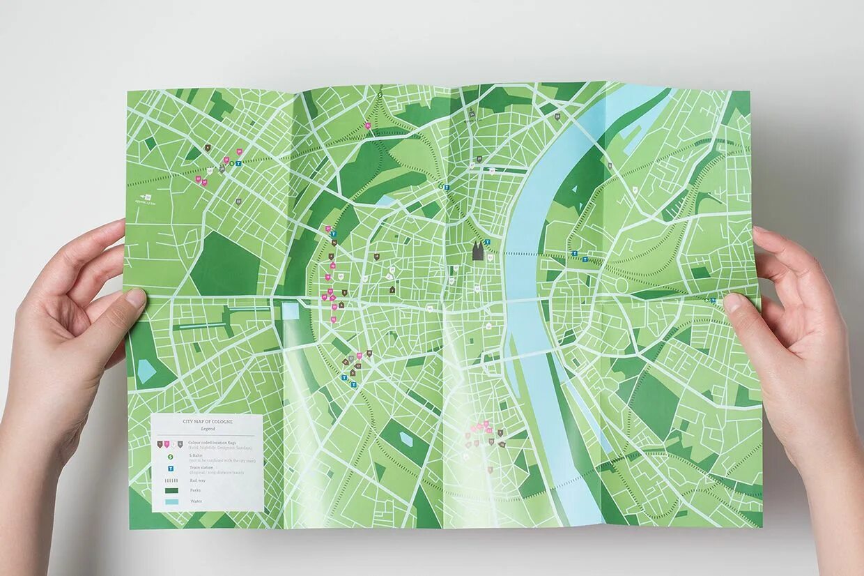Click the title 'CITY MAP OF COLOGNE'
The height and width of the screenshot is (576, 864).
(208, 422)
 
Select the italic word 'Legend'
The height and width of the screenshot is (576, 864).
(208, 428)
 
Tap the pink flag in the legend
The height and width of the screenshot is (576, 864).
(167, 444)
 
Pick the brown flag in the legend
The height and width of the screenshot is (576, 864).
(160, 444)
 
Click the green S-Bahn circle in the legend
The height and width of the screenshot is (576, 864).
(170, 456)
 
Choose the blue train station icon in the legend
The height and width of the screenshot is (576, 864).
(170, 469)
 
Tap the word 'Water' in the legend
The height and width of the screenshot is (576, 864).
(196, 501)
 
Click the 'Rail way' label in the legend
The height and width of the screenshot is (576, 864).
(197, 480)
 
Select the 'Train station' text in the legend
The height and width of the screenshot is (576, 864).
(201, 467)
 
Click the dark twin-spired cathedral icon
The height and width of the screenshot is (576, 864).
(477, 251)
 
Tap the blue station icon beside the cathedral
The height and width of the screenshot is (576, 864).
(488, 242)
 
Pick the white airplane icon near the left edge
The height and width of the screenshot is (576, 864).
(147, 197)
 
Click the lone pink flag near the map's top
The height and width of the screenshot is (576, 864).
(368, 126)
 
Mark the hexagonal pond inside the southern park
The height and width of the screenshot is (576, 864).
(406, 439)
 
